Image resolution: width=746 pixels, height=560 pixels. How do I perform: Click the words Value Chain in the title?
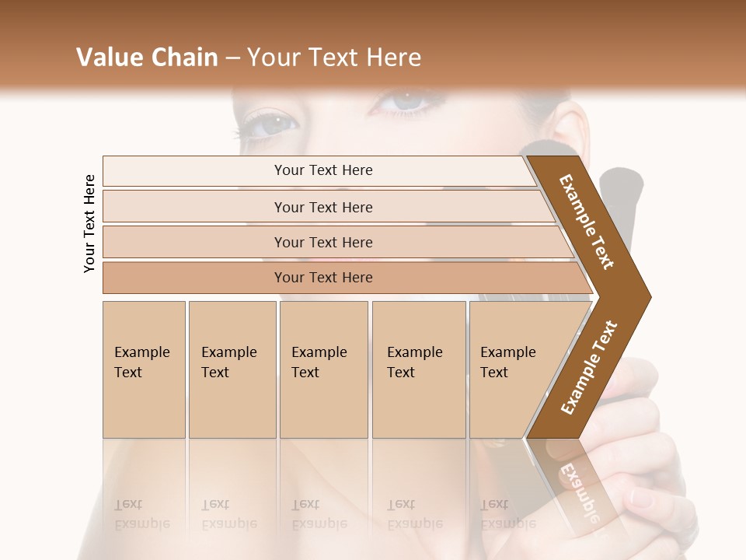click(x=147, y=58)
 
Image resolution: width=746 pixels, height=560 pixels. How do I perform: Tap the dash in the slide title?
click(x=232, y=58)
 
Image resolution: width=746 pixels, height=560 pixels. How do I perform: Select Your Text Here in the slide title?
click(x=333, y=58)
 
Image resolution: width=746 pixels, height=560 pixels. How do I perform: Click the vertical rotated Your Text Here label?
click(x=89, y=223)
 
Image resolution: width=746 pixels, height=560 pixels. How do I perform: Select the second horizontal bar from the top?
click(x=323, y=207)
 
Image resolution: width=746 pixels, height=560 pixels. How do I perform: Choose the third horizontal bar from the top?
click(x=323, y=242)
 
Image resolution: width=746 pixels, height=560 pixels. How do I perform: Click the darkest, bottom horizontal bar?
click(x=323, y=278)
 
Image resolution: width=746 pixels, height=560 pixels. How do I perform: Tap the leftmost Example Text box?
click(x=144, y=369)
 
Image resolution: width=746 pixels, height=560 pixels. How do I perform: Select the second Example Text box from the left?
click(x=232, y=369)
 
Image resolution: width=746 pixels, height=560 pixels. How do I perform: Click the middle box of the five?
click(x=323, y=369)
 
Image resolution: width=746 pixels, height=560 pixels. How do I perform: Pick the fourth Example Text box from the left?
click(x=418, y=369)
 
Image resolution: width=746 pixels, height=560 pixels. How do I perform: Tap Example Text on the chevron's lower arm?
click(x=589, y=367)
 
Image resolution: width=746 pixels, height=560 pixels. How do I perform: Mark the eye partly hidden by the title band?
click(x=406, y=100)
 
